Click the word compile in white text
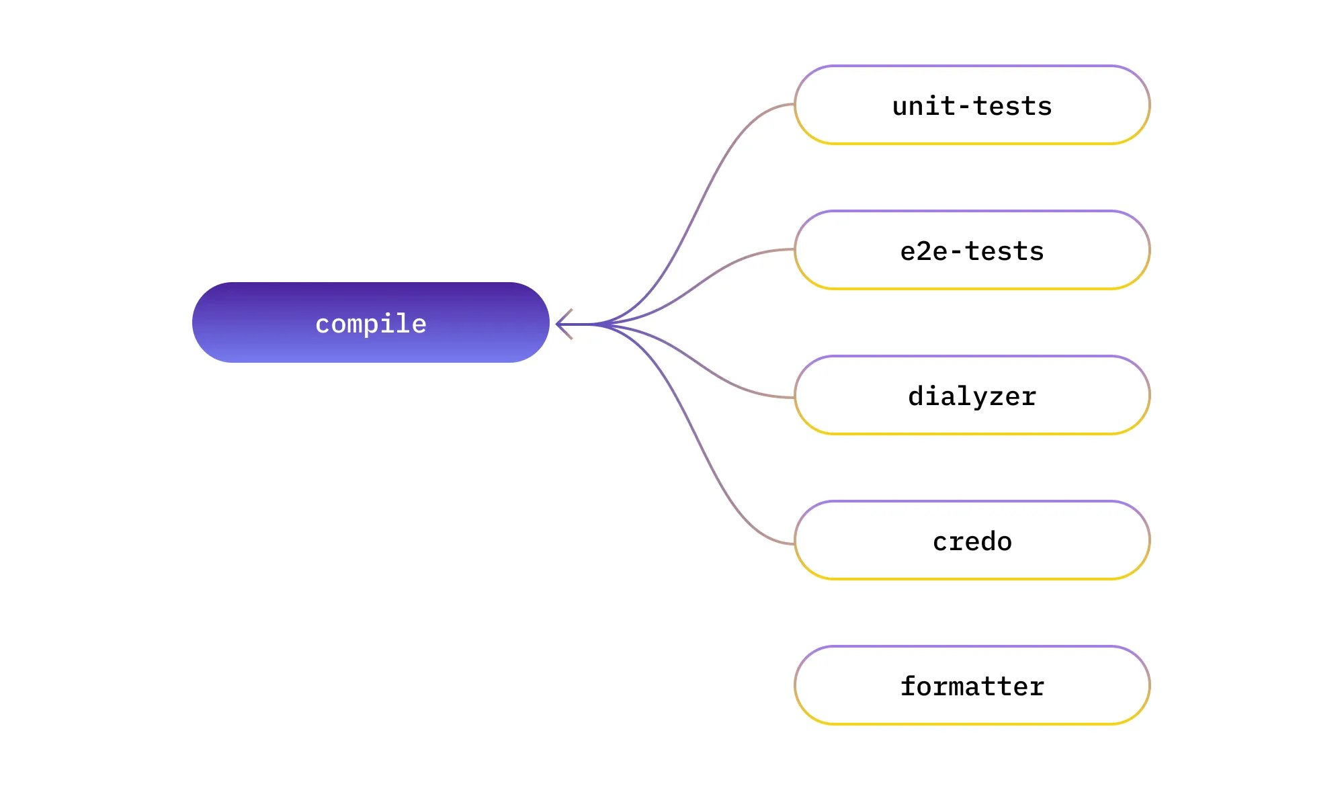point(371,324)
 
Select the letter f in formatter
point(908,686)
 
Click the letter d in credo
point(989,541)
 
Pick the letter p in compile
point(371,326)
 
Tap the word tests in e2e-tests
point(1005,251)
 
